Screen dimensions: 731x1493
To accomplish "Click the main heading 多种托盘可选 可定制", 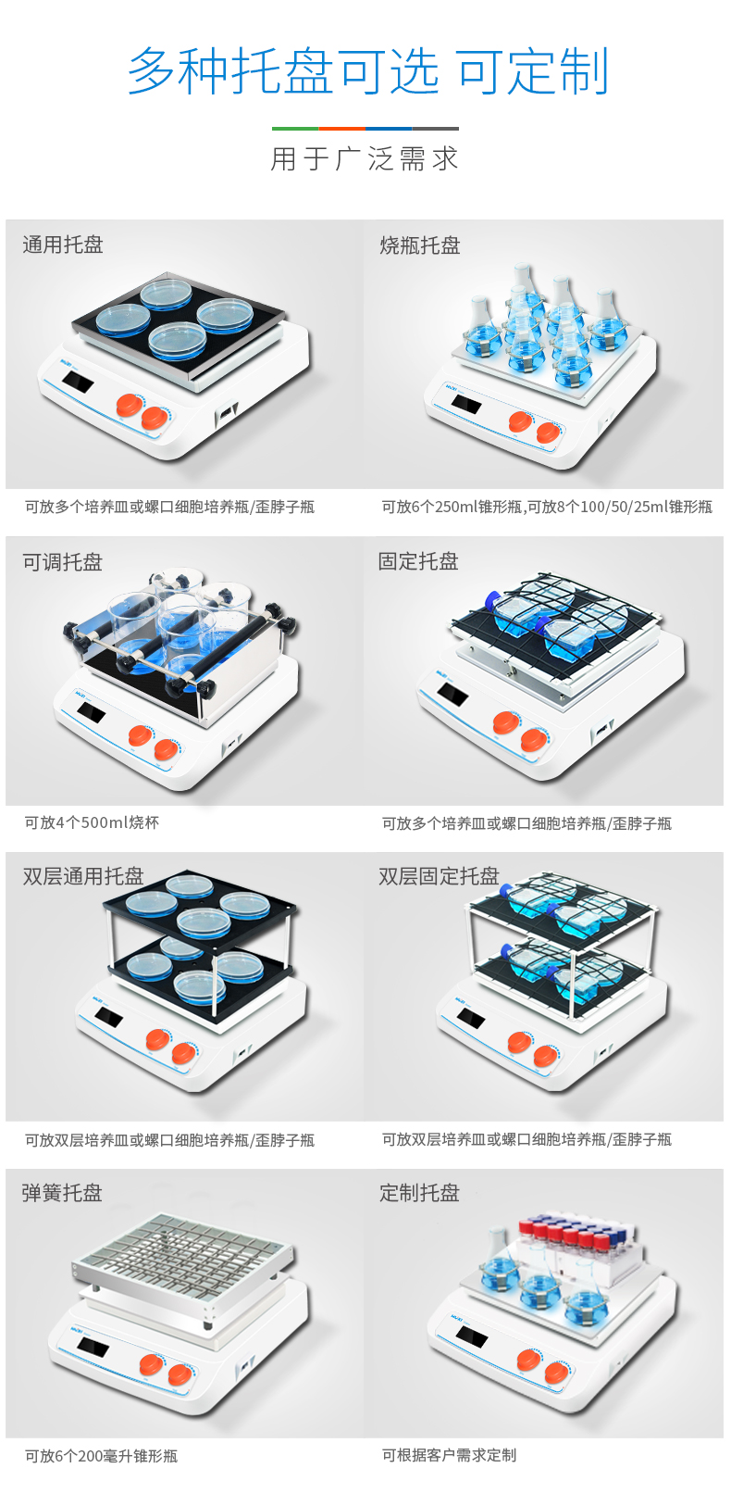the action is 367,70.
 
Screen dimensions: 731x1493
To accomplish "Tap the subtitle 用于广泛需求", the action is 365,159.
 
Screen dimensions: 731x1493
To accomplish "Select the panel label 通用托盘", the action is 63,245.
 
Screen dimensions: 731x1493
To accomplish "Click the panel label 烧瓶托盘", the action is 420,245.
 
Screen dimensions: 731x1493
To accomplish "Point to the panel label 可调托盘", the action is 63,562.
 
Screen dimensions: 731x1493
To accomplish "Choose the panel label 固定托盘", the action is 419,561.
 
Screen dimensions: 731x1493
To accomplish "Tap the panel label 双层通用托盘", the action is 83,876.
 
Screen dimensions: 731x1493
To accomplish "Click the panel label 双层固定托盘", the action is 440,876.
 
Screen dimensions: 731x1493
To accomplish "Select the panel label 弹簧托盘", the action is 62,1192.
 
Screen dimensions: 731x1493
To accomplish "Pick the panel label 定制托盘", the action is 419,1192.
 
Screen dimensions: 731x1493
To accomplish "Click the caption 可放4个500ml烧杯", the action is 92,822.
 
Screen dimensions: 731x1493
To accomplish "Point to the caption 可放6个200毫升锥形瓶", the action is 101,1456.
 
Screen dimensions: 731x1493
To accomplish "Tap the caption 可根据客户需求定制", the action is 450,1455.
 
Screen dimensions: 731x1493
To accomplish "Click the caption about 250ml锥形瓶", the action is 547,507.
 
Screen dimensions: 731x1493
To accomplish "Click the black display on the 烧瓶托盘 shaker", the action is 466,403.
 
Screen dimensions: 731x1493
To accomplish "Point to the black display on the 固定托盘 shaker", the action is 452,694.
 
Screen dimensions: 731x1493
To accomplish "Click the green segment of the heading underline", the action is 295,128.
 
